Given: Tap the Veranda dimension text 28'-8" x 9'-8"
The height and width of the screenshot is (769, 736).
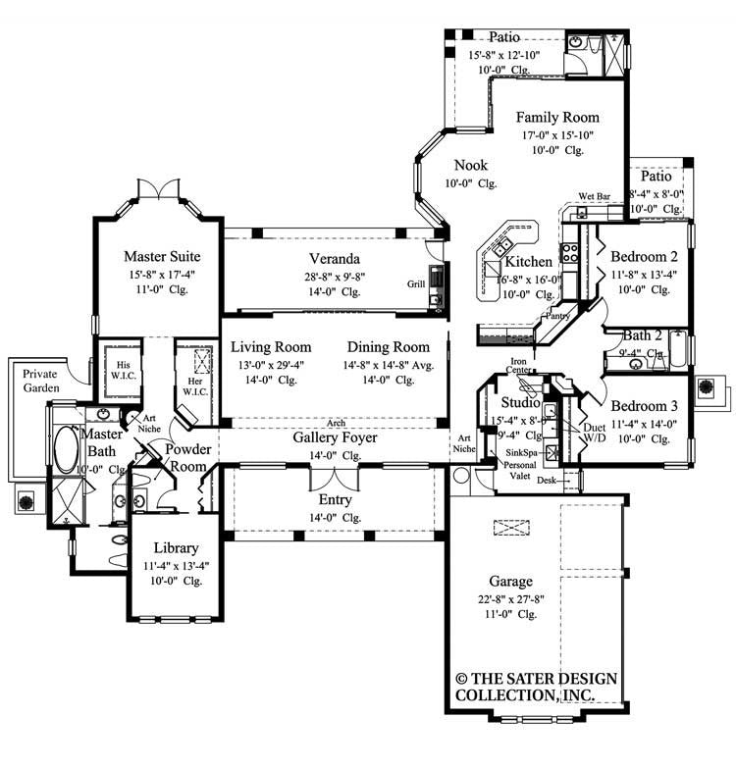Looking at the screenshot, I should click(x=333, y=277).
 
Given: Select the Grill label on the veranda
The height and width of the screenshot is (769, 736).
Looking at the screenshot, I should click(x=415, y=283).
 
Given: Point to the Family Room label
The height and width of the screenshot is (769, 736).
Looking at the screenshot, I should click(x=557, y=117).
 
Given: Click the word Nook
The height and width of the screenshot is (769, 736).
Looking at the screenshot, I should click(x=470, y=166).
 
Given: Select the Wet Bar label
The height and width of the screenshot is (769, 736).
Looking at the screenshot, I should click(x=595, y=197).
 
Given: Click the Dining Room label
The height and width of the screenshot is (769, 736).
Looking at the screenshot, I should click(x=388, y=347).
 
